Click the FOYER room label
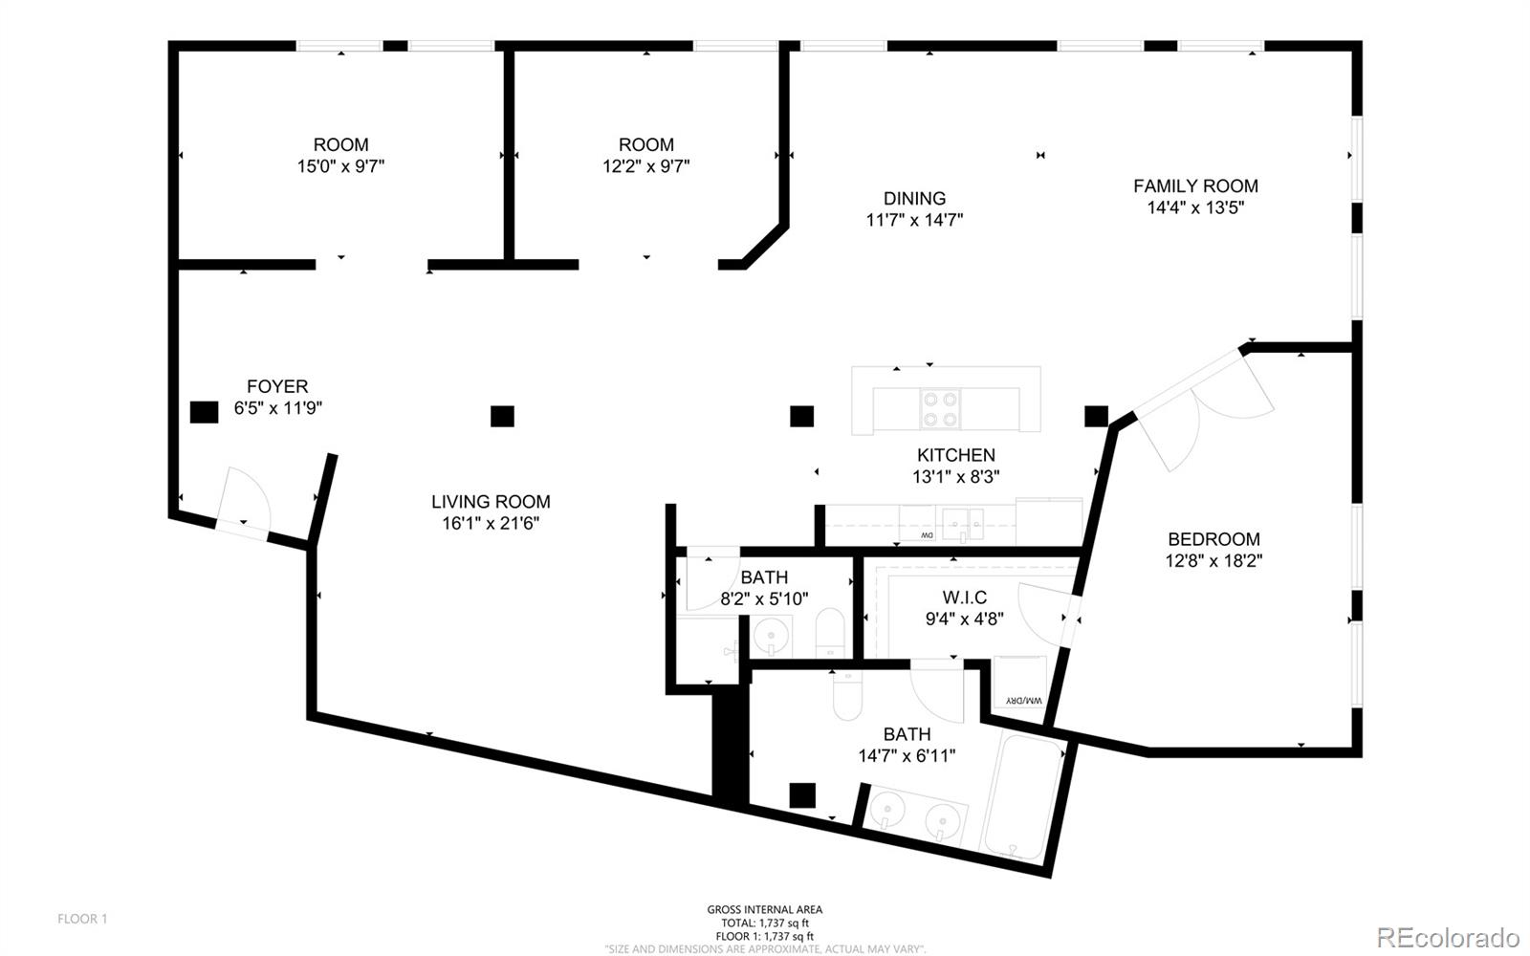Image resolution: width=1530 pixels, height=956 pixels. coord(277,386)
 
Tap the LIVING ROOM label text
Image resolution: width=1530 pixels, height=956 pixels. coord(491,502)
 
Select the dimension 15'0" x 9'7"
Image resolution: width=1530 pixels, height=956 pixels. coord(340,166)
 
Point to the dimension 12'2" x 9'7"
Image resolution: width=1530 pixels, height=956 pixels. coord(646,166)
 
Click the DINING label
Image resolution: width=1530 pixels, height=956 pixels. coord(914,199)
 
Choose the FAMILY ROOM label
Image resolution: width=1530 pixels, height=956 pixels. coord(1195,186)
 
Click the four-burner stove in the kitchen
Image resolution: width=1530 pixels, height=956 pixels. coord(941,408)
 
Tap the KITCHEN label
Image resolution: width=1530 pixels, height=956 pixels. coord(955,455)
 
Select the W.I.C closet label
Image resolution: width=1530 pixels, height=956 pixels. coord(965,598)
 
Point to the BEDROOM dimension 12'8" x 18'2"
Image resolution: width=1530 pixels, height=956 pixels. coord(1213,561)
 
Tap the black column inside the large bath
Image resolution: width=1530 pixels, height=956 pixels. coord(802,795)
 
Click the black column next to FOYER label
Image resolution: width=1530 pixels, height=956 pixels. coord(205,412)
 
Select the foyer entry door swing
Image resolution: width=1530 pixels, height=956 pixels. coord(246,497)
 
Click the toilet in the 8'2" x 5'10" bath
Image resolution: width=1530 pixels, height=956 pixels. coord(831,632)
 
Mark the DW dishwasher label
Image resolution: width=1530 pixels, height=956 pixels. coord(927,535)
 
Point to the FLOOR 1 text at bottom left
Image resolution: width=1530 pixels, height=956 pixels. coord(82,919)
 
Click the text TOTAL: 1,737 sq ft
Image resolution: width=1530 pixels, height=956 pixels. coord(765,923)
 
